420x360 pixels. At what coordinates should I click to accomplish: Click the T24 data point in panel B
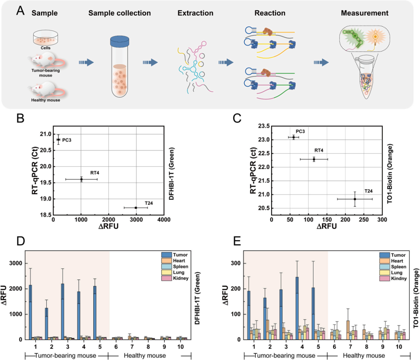click(x=136, y=208)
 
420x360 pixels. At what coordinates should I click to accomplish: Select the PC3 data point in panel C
click(x=293, y=137)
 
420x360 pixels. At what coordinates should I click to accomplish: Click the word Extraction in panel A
click(x=195, y=13)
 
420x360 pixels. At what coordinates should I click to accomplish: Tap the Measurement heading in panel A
click(x=364, y=13)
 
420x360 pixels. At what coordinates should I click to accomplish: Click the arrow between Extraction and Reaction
click(x=226, y=62)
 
